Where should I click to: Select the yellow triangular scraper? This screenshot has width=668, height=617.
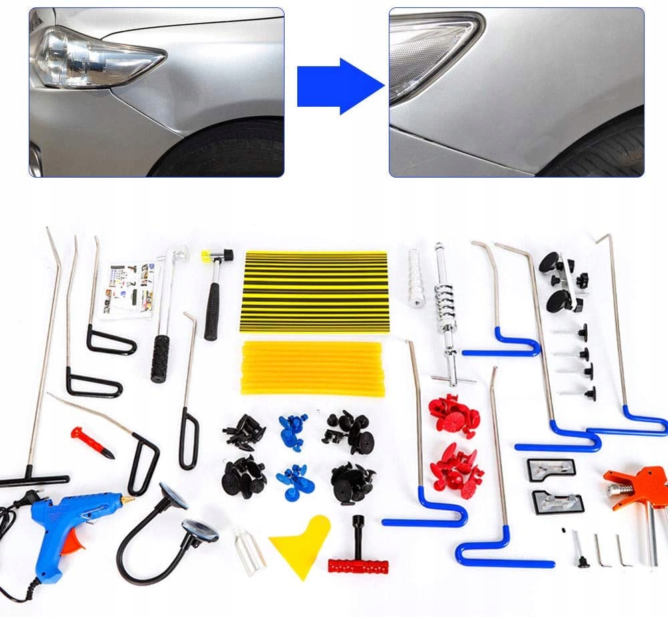click(x=300, y=545)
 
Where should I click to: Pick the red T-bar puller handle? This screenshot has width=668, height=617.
click(x=358, y=566)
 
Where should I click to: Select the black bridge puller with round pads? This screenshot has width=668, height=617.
click(x=560, y=280)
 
